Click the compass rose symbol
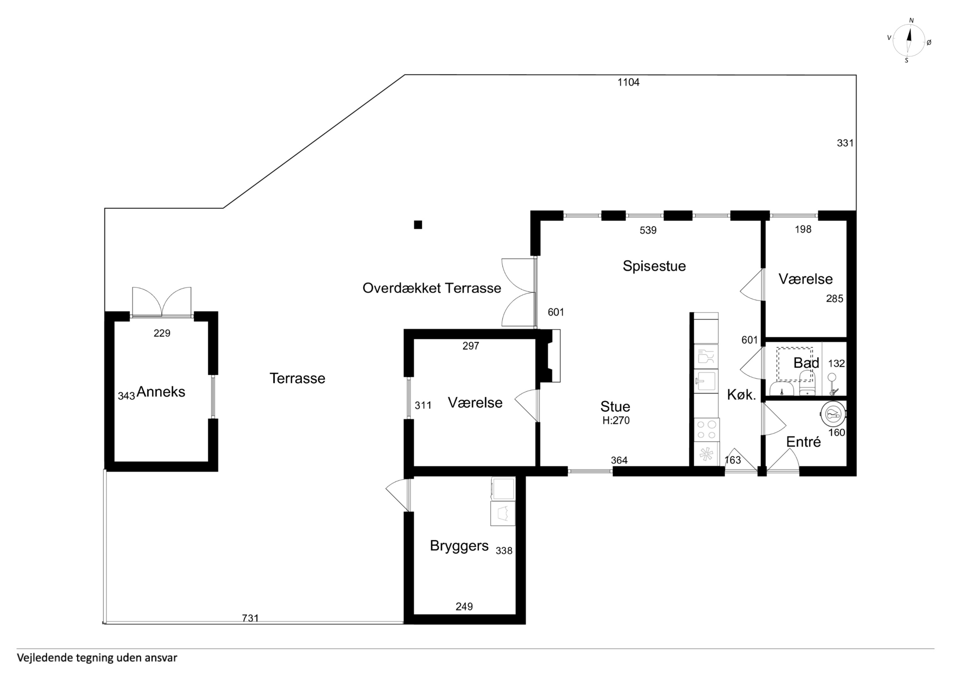(908, 40)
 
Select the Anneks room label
(161, 391)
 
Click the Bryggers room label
(459, 546)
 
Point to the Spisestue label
(654, 266)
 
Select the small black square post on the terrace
(418, 225)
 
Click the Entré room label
(803, 442)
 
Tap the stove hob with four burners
(706, 430)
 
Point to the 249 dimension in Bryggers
(464, 606)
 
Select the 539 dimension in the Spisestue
(648, 230)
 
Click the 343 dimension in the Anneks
(126, 395)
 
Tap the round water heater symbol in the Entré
(833, 414)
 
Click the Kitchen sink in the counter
(706, 381)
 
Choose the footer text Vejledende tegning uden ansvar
(97, 658)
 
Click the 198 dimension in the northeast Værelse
(803, 229)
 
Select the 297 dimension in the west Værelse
(471, 346)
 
